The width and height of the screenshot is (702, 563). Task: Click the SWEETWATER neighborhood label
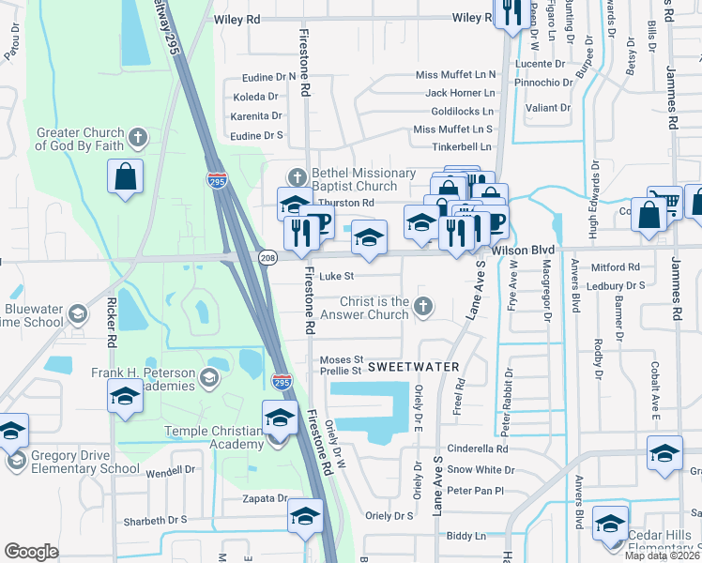pyautogui.click(x=413, y=365)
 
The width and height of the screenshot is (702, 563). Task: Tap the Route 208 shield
pyautogui.click(x=267, y=257)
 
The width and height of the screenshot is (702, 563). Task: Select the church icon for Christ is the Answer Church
pyautogui.click(x=424, y=304)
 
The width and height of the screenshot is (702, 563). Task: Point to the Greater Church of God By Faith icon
pyautogui.click(x=137, y=139)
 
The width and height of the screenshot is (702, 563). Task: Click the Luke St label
pyautogui.click(x=336, y=277)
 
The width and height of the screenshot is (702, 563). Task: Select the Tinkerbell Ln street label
pyautogui.click(x=462, y=146)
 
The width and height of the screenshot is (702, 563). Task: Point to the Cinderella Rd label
pyautogui.click(x=477, y=449)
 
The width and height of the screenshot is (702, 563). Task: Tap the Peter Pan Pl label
pyautogui.click(x=475, y=491)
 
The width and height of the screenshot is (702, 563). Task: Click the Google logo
pyautogui.click(x=31, y=551)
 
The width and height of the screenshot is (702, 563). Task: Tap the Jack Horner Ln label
pyautogui.click(x=460, y=93)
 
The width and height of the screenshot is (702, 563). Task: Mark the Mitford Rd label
pyautogui.click(x=614, y=267)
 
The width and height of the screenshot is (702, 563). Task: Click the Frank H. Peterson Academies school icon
pyautogui.click(x=210, y=379)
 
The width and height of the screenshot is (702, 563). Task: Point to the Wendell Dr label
pyautogui.click(x=170, y=469)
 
